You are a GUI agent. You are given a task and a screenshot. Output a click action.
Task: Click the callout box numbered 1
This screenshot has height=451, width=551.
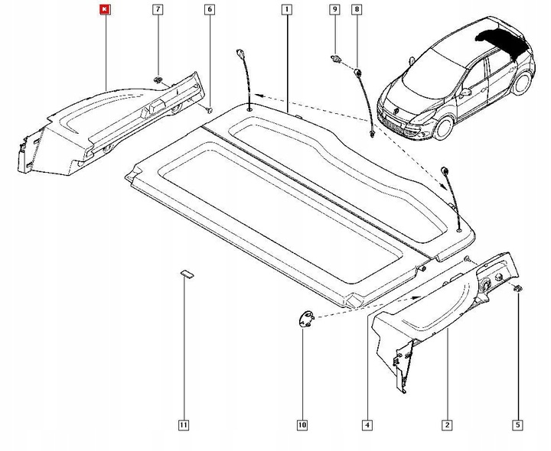285,10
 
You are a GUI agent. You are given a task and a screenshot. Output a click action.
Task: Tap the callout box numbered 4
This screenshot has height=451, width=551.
367,424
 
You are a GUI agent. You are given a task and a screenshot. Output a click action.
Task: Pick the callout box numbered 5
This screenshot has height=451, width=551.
518,424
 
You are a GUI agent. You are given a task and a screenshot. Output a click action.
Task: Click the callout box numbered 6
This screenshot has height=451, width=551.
210,10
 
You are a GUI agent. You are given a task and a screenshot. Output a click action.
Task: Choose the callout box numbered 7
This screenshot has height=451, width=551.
158,10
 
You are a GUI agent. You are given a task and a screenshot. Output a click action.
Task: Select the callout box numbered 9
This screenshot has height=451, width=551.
334,10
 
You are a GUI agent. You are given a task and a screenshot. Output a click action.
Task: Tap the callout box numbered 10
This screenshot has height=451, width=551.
302,424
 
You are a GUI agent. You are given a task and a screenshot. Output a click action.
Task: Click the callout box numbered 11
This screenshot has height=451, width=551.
183,424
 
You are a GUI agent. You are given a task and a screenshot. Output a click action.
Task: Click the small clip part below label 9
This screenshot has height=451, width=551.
335,57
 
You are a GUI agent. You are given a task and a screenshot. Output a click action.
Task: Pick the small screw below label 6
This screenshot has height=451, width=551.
209,109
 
